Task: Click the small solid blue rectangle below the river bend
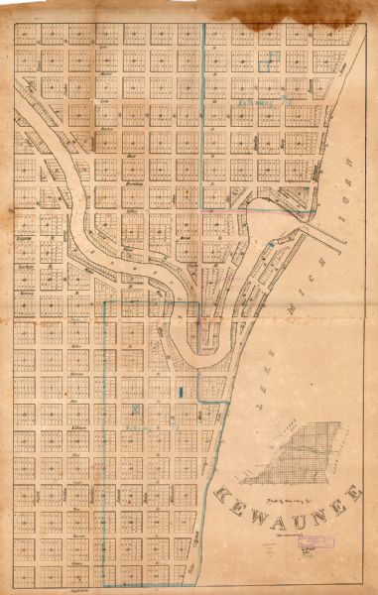point(180,392)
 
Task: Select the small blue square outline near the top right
point(263,59)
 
